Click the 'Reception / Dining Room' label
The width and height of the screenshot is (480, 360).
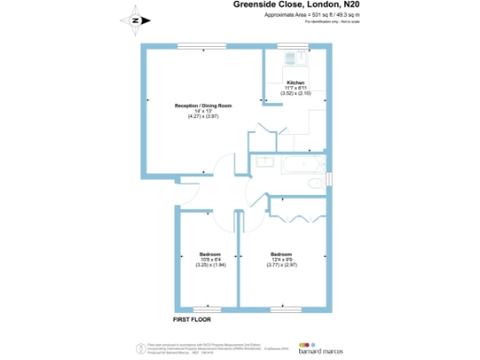[x=203, y=106]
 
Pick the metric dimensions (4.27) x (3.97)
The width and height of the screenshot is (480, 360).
[x=203, y=116]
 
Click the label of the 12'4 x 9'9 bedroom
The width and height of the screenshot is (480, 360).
[x=281, y=254]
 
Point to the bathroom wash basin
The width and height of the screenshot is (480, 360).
[x=263, y=162]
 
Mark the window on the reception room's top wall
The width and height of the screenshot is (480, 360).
[x=203, y=45]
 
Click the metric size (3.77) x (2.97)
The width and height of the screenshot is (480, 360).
[x=281, y=265]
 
